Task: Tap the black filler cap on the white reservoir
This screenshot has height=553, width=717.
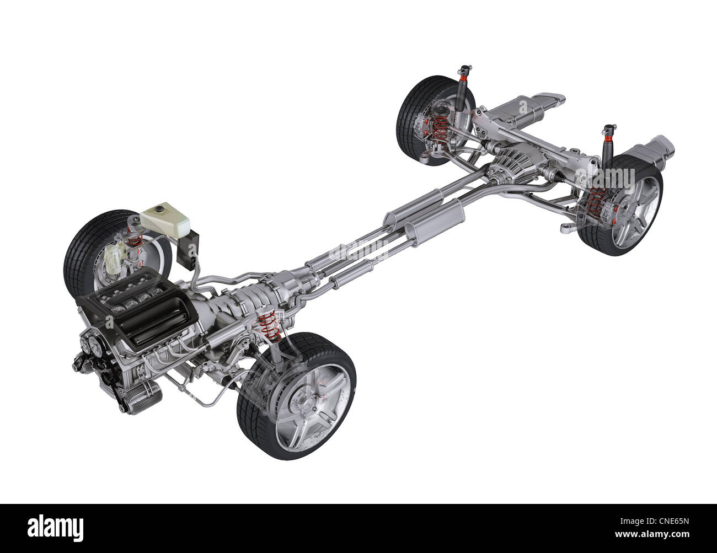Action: (160, 210)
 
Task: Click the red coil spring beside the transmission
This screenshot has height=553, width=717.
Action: (269, 326)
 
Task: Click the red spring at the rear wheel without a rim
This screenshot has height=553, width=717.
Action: (441, 128)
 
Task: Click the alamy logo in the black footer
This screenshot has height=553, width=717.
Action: (55, 529)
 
